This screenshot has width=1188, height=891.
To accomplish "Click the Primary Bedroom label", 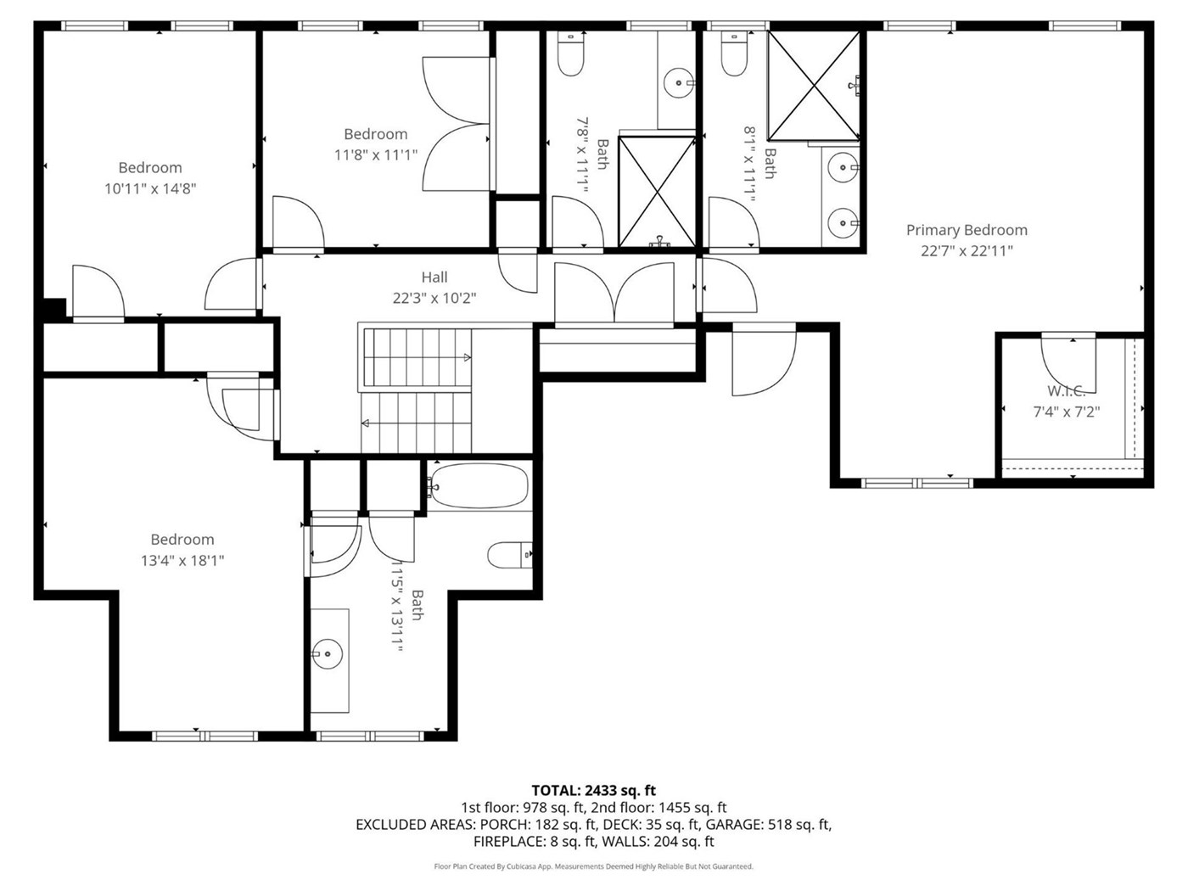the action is (967, 230).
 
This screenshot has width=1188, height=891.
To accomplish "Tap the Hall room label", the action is (434, 277).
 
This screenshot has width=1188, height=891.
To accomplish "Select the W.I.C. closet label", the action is (1066, 390).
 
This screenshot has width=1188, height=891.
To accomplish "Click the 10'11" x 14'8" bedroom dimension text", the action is (150, 188).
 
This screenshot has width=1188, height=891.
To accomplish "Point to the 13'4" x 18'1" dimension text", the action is (182, 560).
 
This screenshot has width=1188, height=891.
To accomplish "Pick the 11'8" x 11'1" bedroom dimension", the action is (376, 155).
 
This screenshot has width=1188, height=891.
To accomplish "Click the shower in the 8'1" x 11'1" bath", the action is (814, 86).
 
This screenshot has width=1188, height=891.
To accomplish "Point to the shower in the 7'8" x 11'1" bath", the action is (657, 192).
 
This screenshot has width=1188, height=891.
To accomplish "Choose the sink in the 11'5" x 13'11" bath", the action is (328, 654).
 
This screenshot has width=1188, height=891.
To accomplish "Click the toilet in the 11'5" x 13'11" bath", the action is (509, 555).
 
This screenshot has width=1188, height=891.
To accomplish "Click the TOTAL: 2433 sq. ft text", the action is (594, 790).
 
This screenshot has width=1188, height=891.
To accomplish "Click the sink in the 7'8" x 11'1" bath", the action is (678, 83).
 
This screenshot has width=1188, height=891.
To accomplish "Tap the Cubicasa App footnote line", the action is (594, 866).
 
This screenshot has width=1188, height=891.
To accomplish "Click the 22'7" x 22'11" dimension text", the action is (967, 251).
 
